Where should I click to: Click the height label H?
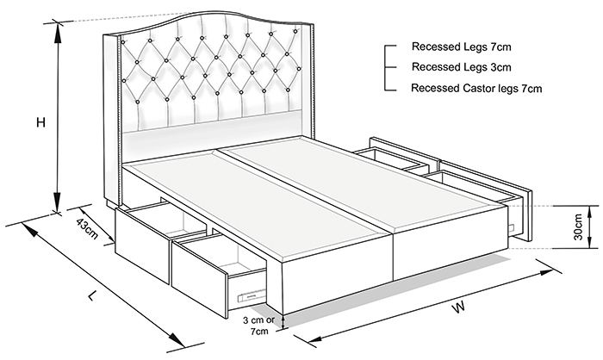[x=40, y=122]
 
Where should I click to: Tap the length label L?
[x=91, y=295]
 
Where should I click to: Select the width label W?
[x=458, y=307]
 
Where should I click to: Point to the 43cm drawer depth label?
[x=87, y=228]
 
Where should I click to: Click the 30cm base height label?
[x=578, y=227]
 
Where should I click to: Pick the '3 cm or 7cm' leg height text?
[x=258, y=326]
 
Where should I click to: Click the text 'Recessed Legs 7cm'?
[x=462, y=47]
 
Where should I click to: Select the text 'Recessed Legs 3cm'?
[x=462, y=67]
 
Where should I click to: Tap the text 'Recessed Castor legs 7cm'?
[x=476, y=89]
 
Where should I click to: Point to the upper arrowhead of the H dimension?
[x=58, y=33]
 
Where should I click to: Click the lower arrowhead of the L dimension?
[x=177, y=338]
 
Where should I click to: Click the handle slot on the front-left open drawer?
[x=252, y=295]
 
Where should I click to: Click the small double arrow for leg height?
[x=284, y=322]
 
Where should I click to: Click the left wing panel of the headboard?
[x=111, y=119]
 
